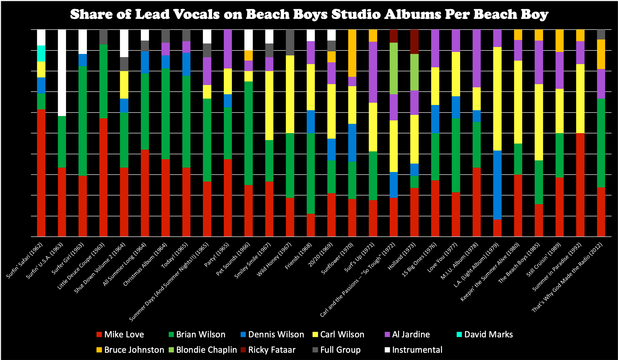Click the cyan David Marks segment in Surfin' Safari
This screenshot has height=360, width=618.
pyautogui.click(x=41, y=53)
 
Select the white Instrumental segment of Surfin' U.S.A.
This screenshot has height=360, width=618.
pyautogui.click(x=62, y=73)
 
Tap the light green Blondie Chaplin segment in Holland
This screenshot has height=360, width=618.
pyautogui.click(x=414, y=72)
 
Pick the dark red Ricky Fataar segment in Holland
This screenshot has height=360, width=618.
pyautogui.click(x=414, y=41)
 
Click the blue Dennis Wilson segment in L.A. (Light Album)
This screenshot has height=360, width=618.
pyautogui.click(x=497, y=185)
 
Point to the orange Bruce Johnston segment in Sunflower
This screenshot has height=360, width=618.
pyautogui.click(x=352, y=53)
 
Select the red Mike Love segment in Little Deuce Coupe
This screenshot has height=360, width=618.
pyautogui.click(x=103, y=177)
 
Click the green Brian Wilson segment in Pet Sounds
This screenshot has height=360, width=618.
pyautogui.click(x=249, y=133)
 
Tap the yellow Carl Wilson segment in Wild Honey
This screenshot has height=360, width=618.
pyautogui.click(x=290, y=94)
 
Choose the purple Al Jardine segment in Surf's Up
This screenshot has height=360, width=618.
pyautogui.click(x=373, y=72)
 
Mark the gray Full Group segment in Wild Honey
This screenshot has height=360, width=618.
pyautogui.click(x=290, y=42)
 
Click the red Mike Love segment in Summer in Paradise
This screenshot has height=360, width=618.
pyautogui.click(x=580, y=185)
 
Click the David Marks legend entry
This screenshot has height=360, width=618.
pyautogui.click(x=488, y=334)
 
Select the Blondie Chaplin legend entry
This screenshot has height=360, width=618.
pyautogui.click(x=206, y=350)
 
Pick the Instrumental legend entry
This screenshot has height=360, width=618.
pyautogui.click(x=417, y=350)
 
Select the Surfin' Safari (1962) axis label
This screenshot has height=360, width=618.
pyautogui.click(x=25, y=260)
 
